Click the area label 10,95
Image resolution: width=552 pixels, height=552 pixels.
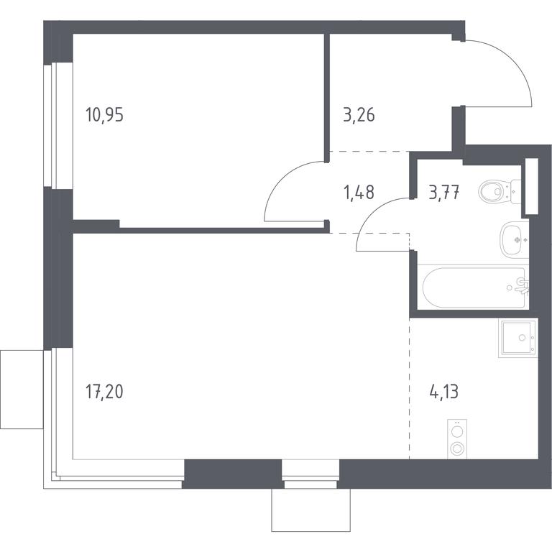(104, 115)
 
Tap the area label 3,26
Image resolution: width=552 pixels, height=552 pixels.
(359, 115)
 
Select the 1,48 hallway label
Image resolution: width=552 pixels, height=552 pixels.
(359, 193)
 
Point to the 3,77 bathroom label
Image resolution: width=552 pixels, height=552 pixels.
(444, 193)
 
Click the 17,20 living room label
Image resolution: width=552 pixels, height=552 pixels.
(104, 392)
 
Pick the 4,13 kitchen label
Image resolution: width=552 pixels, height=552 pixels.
(444, 392)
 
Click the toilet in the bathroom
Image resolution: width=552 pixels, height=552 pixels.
(500, 191)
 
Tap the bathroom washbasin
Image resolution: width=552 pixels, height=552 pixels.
(515, 239)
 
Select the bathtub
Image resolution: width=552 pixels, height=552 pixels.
(474, 287)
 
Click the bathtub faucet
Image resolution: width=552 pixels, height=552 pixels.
(521, 286)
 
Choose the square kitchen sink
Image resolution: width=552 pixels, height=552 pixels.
(518, 338)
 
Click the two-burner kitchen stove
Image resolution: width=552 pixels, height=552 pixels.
(457, 439)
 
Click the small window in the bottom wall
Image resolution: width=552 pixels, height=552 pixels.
(310, 474)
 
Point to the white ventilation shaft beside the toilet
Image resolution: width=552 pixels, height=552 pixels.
(532, 186)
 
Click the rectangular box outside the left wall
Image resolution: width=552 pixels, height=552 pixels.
(22, 390)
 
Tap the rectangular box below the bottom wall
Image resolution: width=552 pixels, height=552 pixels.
(310, 510)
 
